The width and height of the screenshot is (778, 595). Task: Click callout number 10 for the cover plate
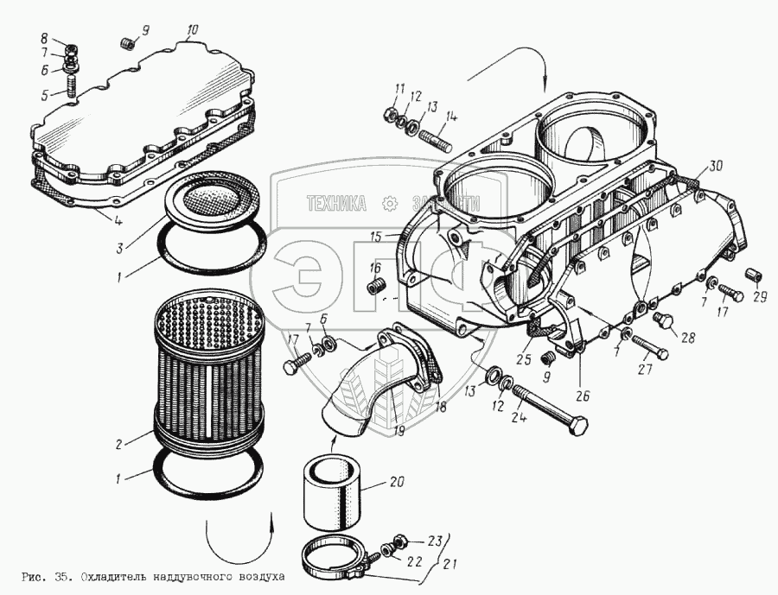tap(192, 29)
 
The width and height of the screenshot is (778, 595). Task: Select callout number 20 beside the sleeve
tap(397, 482)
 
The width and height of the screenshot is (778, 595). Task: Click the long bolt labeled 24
tap(553, 408)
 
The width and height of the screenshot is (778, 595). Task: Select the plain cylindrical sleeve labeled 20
tap(334, 492)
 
